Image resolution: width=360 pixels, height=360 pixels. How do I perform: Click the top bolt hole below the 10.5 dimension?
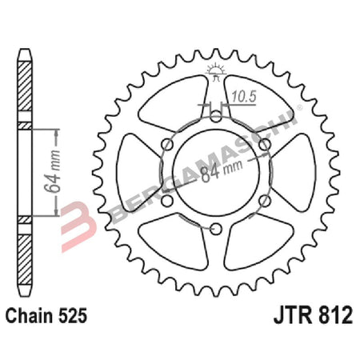(x=218, y=118)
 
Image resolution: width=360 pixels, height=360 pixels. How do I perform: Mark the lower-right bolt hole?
(x=266, y=202)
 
